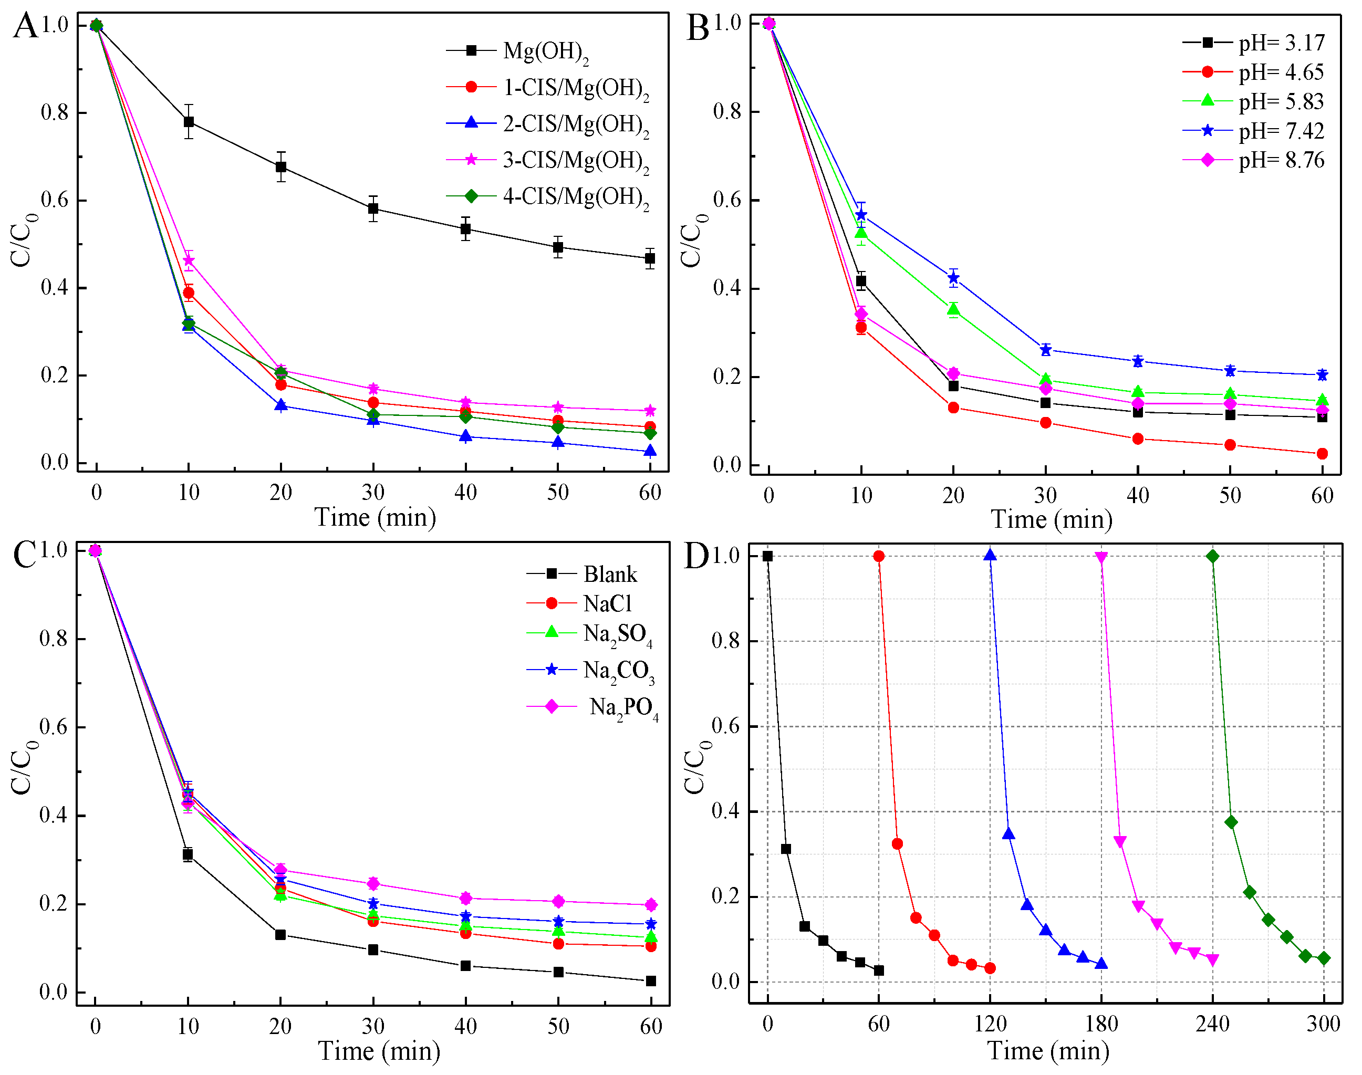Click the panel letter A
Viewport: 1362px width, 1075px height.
[25, 26]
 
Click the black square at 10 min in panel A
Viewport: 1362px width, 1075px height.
[189, 121]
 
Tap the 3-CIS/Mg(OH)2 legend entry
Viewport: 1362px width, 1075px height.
[575, 161]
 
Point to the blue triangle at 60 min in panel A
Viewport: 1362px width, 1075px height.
[650, 451]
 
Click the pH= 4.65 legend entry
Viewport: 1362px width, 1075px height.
[1280, 72]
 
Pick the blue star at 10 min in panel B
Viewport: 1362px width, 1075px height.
[861, 215]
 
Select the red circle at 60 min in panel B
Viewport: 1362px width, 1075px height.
[1323, 454]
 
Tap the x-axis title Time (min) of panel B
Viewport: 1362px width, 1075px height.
[1052, 520]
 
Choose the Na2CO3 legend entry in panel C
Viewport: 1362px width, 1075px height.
[618, 670]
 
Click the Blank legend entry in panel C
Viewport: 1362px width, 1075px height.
[609, 574]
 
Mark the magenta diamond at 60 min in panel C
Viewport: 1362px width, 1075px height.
[651, 905]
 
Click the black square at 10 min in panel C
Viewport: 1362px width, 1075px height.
[188, 855]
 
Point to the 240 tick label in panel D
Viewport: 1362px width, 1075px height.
[1212, 1024]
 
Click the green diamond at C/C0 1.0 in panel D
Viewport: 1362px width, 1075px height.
[1212, 556]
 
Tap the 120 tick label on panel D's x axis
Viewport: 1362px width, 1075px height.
[990, 1024]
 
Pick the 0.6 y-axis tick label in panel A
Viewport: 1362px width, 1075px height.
[55, 200]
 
